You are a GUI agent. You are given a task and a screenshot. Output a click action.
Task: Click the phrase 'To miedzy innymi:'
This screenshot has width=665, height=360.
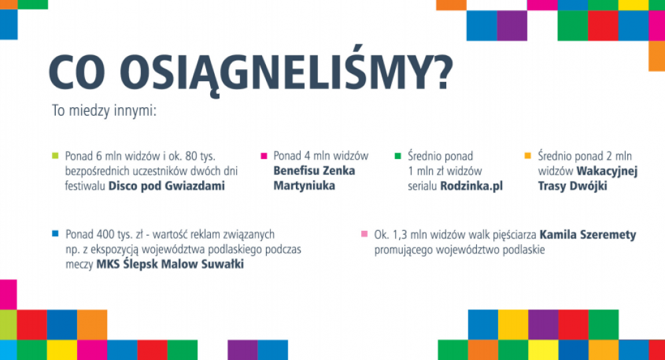[x=104, y=111]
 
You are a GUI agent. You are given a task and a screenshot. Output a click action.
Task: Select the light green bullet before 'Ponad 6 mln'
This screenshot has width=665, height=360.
[x=55, y=156]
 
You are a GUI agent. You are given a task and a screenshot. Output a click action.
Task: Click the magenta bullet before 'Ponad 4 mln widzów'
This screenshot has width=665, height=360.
[x=264, y=156]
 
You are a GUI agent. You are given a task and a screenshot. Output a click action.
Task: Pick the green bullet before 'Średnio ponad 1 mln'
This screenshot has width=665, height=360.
[x=398, y=156]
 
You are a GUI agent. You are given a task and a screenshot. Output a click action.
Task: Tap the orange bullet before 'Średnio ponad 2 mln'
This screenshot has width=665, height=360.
[x=528, y=156]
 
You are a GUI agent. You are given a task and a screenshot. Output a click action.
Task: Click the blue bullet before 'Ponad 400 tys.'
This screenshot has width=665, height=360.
[x=55, y=234]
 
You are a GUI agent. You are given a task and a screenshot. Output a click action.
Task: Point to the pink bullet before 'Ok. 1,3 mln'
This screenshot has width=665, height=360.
[x=364, y=234]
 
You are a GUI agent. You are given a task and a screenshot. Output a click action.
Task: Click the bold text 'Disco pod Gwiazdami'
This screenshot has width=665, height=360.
[x=167, y=186]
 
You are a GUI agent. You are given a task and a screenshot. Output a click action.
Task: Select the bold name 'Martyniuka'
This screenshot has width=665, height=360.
[x=304, y=186]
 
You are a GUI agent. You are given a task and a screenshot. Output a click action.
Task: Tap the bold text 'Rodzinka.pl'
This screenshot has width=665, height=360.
[x=471, y=186]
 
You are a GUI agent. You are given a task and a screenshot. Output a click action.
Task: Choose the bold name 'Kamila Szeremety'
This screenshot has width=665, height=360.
[x=588, y=235]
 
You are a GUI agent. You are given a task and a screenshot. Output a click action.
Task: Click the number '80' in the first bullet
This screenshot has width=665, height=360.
[x=192, y=156]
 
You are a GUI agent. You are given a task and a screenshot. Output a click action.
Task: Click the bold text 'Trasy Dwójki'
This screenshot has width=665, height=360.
[x=573, y=186]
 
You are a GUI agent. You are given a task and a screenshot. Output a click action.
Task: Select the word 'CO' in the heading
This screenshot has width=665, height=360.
[x=77, y=71]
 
